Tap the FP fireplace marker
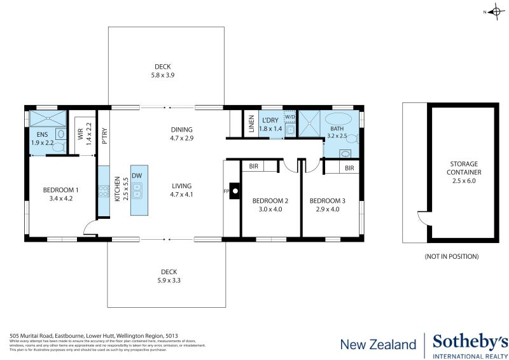pyautogui.click(x=227, y=191)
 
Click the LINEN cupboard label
pyautogui.click(x=252, y=123)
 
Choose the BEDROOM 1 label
pyautogui.click(x=61, y=190)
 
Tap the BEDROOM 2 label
pyautogui.click(x=270, y=201)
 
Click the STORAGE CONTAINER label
pyautogui.click(x=462, y=168)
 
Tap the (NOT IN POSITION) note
pyautogui.click(x=451, y=256)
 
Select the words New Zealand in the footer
pyautogui.click(x=378, y=345)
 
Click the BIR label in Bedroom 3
pyautogui.click(x=349, y=169)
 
